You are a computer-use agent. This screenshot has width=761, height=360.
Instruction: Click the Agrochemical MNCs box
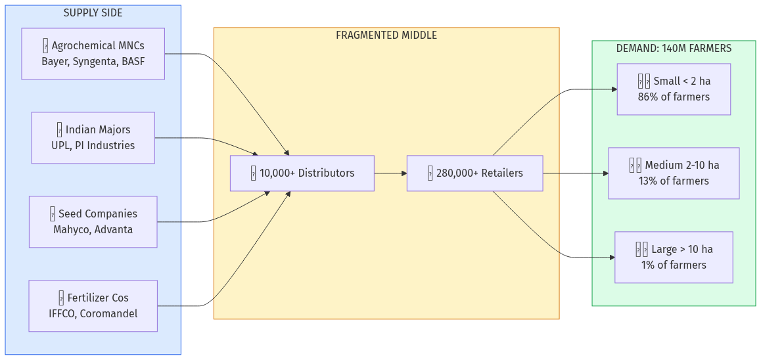coord(93,54)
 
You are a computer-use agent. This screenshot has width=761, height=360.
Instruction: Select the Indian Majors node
coord(93,137)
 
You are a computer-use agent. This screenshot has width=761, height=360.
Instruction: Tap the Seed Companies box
coord(93,221)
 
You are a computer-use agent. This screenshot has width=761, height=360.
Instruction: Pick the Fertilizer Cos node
coord(93,305)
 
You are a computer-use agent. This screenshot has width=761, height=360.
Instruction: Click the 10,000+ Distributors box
coord(302,173)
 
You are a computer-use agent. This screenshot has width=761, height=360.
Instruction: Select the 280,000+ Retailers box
coord(474,173)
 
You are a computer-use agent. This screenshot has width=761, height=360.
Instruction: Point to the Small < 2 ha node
coord(674,89)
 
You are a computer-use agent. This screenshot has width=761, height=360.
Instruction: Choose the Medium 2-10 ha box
coord(674,173)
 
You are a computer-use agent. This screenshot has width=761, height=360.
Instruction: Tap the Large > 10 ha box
coord(674,258)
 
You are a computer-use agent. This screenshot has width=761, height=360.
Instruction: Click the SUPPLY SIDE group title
coord(93,13)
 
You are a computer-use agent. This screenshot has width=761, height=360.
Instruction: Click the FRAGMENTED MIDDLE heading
coord(386,35)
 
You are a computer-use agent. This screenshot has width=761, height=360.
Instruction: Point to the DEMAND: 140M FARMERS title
coord(674,49)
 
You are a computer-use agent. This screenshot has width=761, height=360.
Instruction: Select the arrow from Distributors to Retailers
coord(390,173)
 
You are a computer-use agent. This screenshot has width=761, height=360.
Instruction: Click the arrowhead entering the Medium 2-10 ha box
coord(605,173)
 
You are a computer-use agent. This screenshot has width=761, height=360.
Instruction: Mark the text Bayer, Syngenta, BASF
coord(93,62)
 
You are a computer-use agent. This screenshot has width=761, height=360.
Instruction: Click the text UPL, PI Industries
coord(93,146)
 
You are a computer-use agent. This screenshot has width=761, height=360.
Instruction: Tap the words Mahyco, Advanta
coord(93,230)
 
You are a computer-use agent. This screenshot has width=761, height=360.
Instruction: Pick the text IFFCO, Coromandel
coord(93,314)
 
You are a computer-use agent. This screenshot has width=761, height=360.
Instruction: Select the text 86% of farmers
coord(674,97)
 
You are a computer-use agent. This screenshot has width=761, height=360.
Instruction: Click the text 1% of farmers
coord(674,265)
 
